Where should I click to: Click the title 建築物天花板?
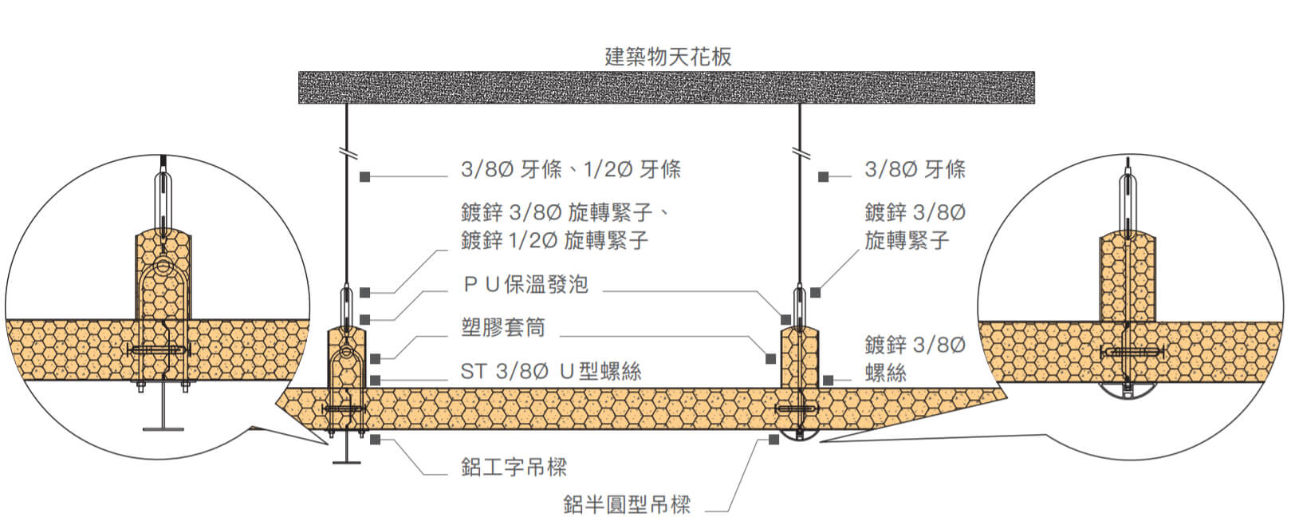pos(667,57)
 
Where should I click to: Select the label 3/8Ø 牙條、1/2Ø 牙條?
pos(570,169)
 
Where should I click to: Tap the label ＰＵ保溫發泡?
pos(525,284)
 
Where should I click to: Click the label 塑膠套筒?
pos(502,327)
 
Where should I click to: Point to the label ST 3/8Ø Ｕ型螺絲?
pos(550,371)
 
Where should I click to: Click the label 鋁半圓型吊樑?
pos(626,504)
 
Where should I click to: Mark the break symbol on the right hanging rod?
pos(798,152)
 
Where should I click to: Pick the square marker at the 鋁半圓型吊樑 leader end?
pos(773,440)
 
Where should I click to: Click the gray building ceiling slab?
pos(666,88)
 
